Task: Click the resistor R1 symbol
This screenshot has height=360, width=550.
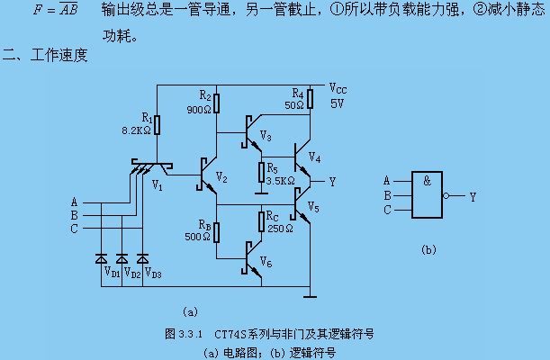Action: [157, 123]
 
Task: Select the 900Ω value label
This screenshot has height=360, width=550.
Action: [199, 110]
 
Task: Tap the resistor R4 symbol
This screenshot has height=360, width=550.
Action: [309, 97]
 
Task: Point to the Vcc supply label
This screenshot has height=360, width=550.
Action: [338, 89]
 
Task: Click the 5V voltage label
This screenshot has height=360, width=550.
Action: [337, 103]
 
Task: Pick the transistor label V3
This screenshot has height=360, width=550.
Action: [265, 136]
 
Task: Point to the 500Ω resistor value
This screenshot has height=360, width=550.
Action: [199, 237]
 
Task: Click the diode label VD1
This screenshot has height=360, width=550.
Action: [112, 270]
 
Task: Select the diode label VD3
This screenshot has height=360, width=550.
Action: [153, 270]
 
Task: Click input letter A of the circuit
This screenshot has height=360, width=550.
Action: [75, 201]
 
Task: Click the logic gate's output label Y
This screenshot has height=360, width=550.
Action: [473, 195]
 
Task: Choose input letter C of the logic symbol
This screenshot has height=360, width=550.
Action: [386, 210]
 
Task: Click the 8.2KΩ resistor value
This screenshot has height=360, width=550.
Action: [137, 130]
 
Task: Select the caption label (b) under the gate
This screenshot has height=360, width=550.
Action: [428, 249]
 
